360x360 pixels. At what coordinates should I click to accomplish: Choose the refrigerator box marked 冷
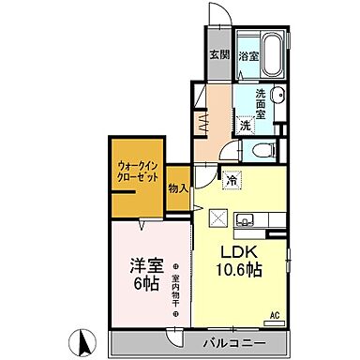click(x=232, y=174)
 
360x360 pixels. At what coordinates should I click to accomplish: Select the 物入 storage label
click(x=179, y=189)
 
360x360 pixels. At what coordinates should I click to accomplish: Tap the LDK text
click(x=236, y=252)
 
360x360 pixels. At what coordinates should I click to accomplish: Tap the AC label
click(x=276, y=315)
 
